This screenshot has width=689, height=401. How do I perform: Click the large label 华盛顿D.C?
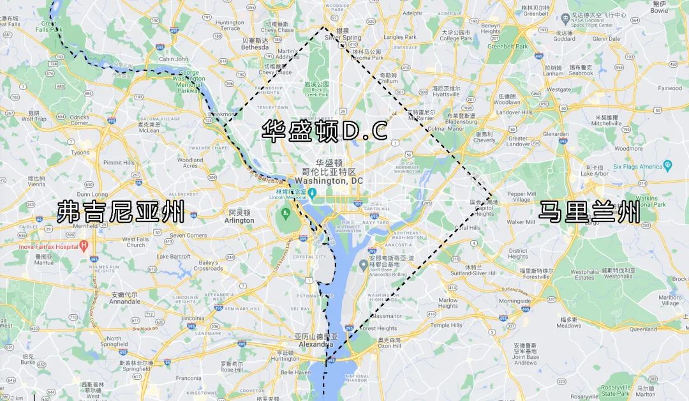coord(325,132)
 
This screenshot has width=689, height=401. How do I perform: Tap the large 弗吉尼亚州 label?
coord(121,211)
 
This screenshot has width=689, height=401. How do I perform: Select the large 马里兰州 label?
coord(589,211)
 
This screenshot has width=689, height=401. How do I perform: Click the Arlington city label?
coord(239,221)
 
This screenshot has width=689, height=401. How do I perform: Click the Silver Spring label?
coord(343,38)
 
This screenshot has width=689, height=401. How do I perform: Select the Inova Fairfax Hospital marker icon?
coord(84,246)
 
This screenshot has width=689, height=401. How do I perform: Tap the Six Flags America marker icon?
coord(668,166)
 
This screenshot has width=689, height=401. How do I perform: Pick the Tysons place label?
coord(80,153)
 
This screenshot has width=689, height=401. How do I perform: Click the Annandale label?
coord(124,301)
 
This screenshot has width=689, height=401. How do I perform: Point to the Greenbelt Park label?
coord(508,47)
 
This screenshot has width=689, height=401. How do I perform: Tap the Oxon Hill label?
coord(389,346)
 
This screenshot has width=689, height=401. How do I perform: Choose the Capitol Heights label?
coord(482,211)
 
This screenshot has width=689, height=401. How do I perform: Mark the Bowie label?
coord(659,11)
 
